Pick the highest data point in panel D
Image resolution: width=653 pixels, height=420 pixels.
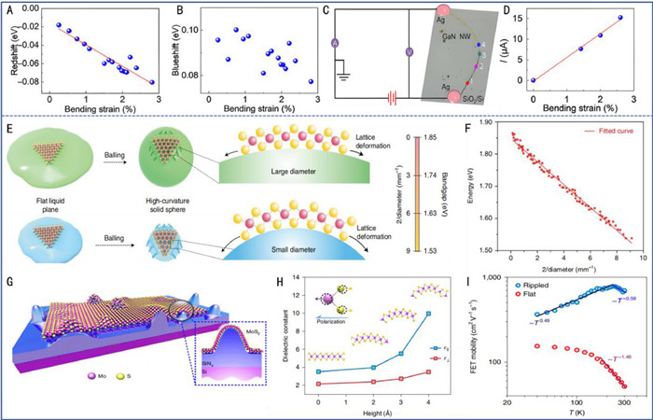coord(619,18)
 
